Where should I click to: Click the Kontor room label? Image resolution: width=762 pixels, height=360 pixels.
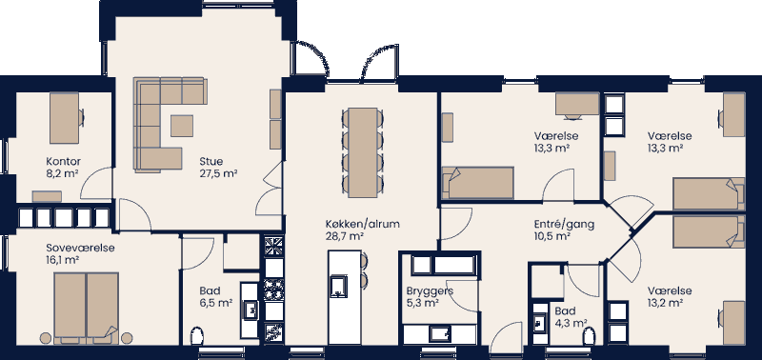point(63,161)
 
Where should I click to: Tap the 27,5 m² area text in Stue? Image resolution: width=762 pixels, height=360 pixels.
point(218,173)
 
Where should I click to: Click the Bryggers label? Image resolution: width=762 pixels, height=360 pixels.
point(429,290)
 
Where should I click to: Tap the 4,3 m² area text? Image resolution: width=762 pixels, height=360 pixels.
point(571,324)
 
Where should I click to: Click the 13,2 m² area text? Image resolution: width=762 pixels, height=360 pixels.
point(666,303)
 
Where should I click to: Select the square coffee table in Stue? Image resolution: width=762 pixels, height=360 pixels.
point(182,125)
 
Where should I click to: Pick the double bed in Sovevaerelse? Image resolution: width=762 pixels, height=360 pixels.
point(87,304)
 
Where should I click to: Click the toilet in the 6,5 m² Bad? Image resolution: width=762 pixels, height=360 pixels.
point(198,336)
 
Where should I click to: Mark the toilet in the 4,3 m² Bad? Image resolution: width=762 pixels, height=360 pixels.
point(590,335)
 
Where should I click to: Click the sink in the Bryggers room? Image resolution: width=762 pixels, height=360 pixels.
point(440,333)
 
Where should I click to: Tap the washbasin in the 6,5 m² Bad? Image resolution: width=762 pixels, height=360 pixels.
point(251,309)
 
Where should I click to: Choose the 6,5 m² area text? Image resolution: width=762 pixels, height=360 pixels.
point(216,303)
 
